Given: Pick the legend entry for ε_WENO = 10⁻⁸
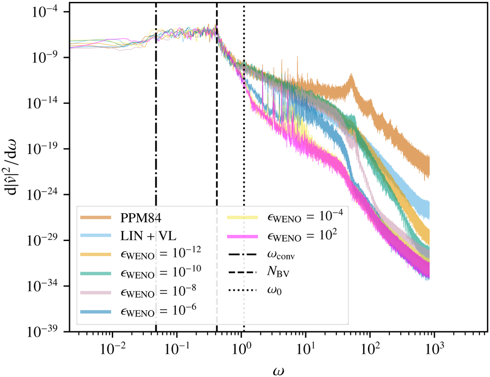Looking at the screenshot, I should point(158,291).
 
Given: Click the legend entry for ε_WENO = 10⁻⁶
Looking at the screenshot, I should point(158,310).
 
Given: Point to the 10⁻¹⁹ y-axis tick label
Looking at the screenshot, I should point(46,148).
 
